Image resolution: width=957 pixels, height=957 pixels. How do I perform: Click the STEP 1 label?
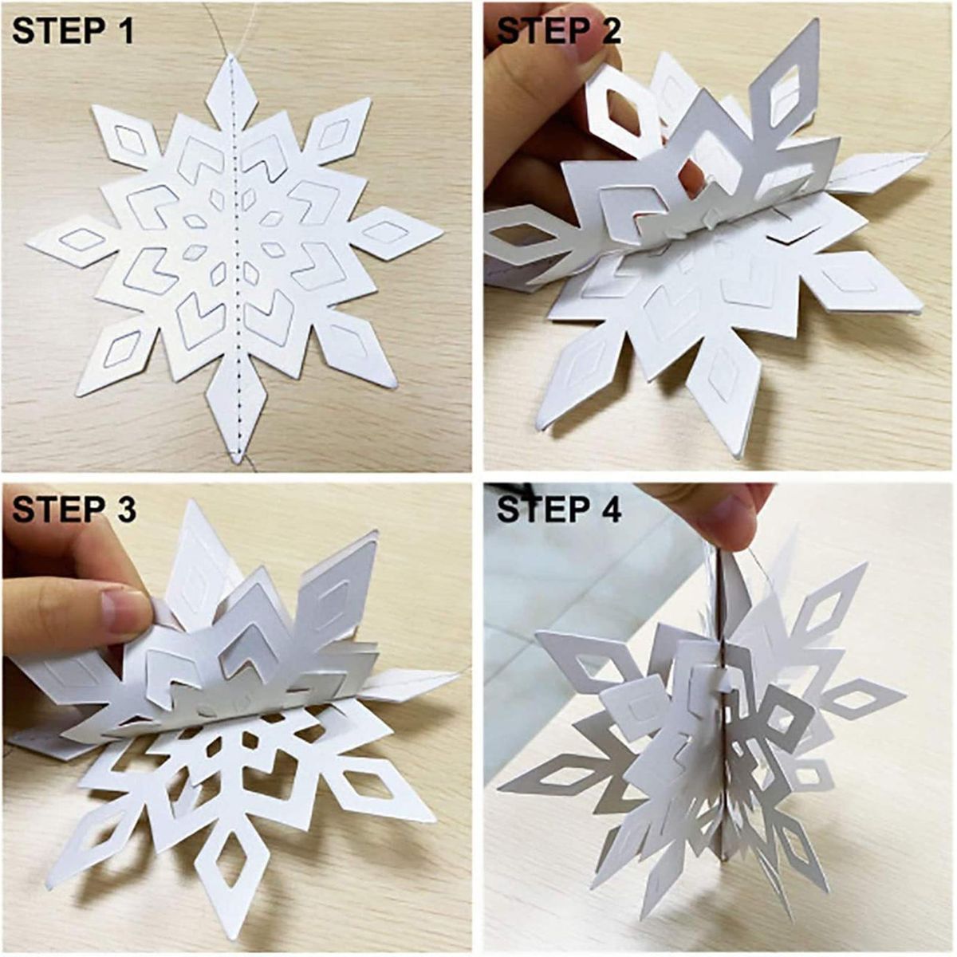pos(73,31)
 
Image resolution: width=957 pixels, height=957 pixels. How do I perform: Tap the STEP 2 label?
pos(558,31)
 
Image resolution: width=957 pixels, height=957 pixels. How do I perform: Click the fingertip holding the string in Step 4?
pos(726,517)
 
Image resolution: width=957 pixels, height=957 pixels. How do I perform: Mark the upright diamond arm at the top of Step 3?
pos(199,561)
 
